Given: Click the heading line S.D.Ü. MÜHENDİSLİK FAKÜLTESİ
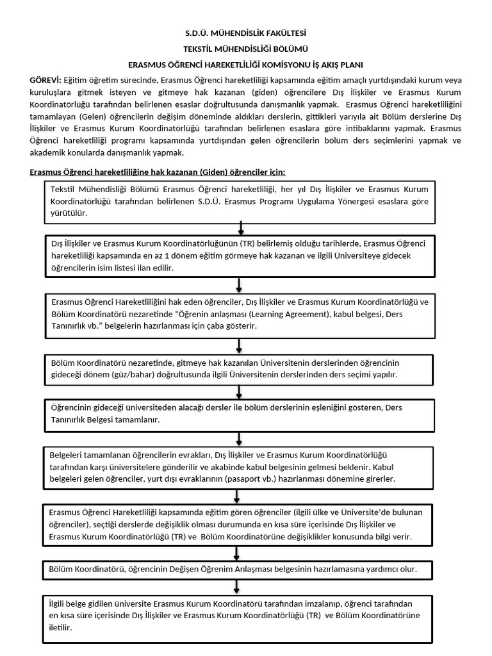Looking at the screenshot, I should [245, 33].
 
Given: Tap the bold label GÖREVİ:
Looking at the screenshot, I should [45, 79].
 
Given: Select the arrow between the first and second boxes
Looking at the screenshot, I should [240, 228].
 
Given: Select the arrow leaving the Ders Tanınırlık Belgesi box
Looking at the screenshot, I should [238, 438].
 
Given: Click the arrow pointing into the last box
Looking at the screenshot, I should [238, 586].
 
